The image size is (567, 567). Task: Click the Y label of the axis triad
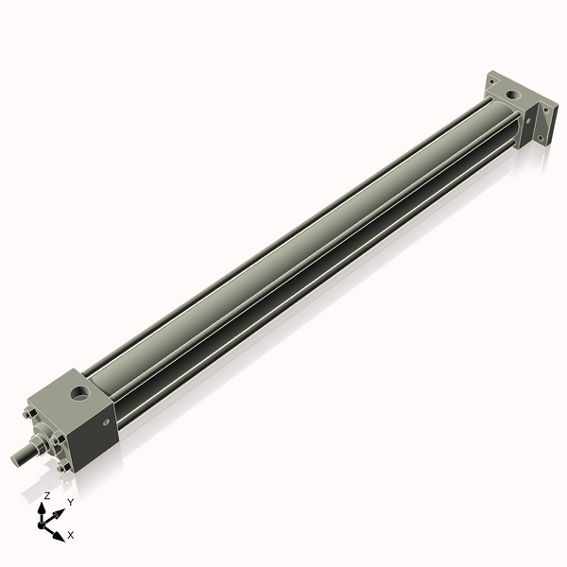69,503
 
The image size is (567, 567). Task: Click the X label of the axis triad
70,535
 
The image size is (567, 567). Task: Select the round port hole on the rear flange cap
511,94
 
